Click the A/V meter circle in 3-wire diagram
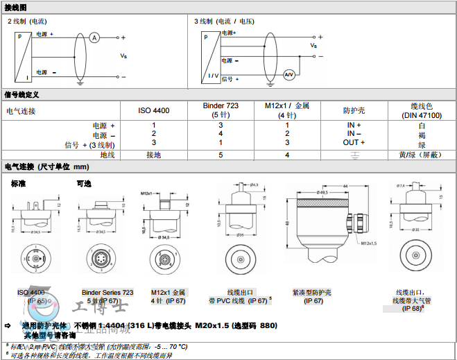pyautogui.click(x=289, y=74)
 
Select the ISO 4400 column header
pyautogui.click(x=153, y=110)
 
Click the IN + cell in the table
pyautogui.click(x=354, y=126)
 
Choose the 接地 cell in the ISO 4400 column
pyautogui.click(x=153, y=155)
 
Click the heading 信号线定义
pyautogui.click(x=21, y=94)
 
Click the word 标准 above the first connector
pyautogui.click(x=19, y=183)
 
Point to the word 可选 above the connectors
pyautogui.click(x=84, y=183)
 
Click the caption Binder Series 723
pyautogui.click(x=107, y=293)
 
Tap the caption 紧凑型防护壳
pyautogui.click(x=313, y=293)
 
